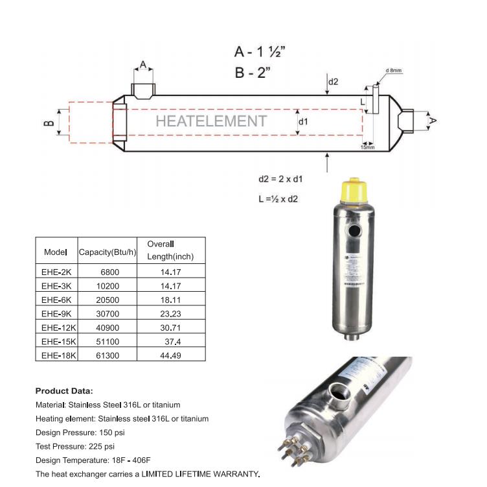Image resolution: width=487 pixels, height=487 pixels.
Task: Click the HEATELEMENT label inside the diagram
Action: click(x=210, y=121)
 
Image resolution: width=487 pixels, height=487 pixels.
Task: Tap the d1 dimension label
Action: click(x=303, y=121)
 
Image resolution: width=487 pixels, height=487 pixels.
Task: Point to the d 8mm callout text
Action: click(x=393, y=70)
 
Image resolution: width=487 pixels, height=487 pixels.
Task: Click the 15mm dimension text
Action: click(x=367, y=148)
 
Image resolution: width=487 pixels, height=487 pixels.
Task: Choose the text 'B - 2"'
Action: click(x=252, y=72)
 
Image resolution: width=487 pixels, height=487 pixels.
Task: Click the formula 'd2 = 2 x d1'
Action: click(x=280, y=179)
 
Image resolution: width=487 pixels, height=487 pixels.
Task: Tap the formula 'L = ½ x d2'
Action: click(x=278, y=198)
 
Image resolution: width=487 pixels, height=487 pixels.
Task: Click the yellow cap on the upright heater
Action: click(x=354, y=189)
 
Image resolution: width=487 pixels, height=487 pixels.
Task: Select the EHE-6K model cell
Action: click(x=56, y=300)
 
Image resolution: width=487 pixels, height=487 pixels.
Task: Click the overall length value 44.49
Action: click(x=171, y=355)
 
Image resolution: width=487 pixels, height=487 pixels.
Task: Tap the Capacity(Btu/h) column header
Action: click(x=108, y=252)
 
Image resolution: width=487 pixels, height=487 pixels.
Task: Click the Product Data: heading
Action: click(x=64, y=391)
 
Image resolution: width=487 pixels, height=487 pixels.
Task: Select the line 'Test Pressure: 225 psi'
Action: click(x=75, y=446)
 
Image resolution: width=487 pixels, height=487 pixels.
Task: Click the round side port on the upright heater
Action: click(x=354, y=231)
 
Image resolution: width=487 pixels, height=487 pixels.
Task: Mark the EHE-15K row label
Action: click(x=58, y=341)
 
